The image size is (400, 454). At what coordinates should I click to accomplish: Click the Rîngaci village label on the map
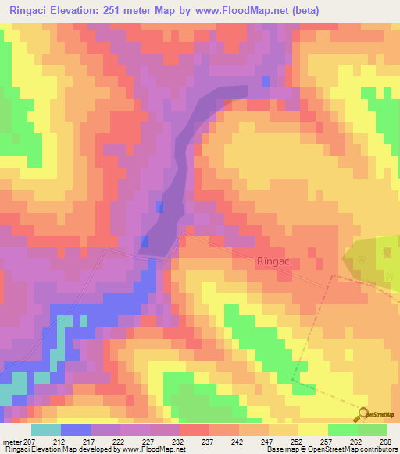click(274, 263)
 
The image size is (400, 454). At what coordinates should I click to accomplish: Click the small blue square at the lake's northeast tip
click(266, 82)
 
